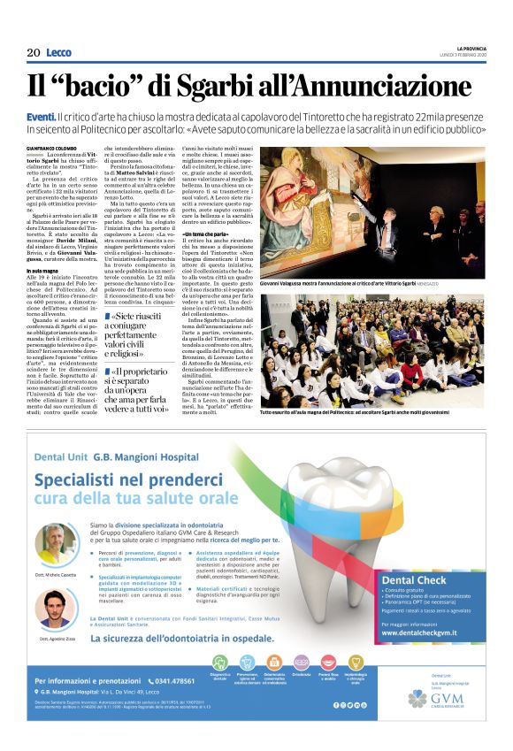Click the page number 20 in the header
pos(34,53)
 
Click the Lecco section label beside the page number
pos(58,53)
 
